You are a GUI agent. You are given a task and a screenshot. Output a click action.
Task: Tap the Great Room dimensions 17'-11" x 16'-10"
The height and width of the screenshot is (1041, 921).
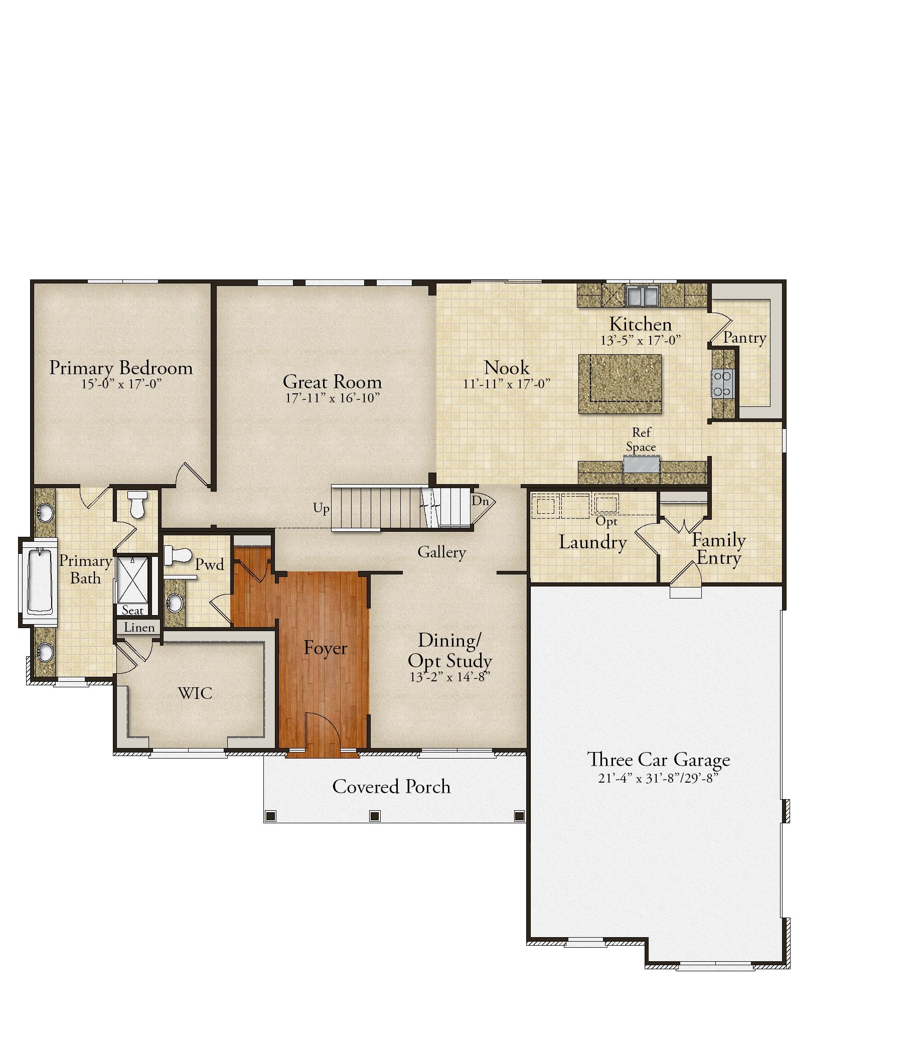pos(333,398)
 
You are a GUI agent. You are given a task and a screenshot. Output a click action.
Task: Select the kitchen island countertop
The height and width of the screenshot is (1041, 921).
pos(620,384)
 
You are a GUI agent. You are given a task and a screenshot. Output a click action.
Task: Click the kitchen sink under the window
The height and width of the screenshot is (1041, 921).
pos(643,295)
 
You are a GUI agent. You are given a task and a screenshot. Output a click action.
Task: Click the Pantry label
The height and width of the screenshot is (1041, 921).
pos(745,338)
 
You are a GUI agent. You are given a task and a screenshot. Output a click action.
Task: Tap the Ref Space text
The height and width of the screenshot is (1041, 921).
pos(641,439)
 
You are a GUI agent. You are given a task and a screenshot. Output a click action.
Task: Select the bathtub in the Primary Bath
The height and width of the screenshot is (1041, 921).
pos(40,580)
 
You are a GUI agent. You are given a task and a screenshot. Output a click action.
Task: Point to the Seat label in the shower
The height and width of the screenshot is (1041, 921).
pos(132,610)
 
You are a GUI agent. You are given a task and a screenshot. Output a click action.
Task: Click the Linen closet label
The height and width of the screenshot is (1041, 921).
pos(139,628)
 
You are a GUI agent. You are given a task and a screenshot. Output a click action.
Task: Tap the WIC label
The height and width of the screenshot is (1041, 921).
pos(195,693)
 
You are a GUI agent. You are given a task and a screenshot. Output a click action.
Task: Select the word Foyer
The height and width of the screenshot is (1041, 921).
pos(326,648)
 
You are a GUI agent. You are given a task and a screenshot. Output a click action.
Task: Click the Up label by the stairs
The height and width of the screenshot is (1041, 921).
pos(321,509)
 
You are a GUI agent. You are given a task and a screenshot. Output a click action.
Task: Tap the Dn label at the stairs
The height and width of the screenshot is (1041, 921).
pos(480,501)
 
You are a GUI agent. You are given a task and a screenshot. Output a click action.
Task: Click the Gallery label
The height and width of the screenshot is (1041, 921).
pos(441,552)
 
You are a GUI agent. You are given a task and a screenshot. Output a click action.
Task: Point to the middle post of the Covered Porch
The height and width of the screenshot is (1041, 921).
pos(375,816)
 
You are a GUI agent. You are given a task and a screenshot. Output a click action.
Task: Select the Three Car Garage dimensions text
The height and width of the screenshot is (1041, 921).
pos(658,778)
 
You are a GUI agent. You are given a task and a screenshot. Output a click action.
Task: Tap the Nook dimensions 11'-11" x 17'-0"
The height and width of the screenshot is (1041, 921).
pos(507,384)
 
